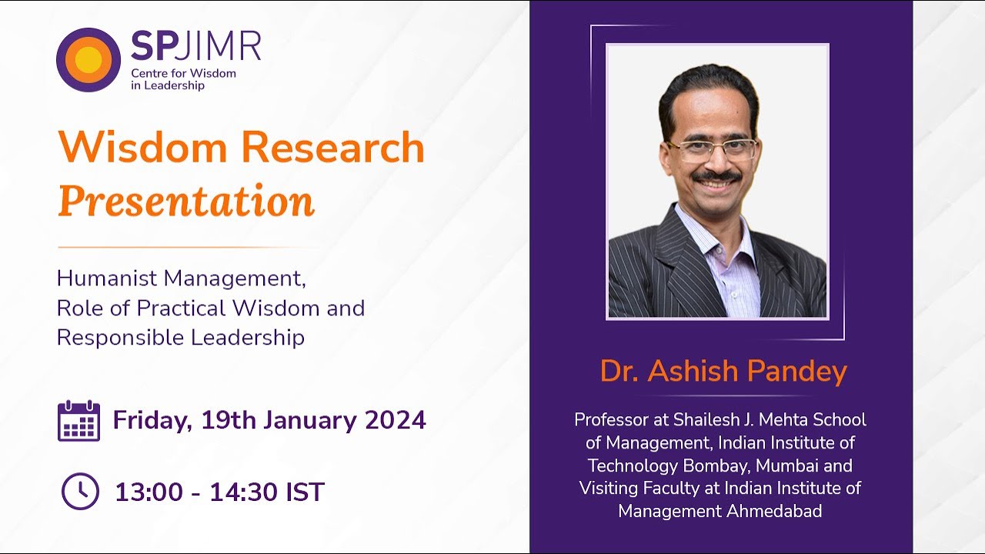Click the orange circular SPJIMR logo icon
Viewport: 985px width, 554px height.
click(x=88, y=59)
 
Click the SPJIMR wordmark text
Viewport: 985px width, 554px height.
click(x=195, y=47)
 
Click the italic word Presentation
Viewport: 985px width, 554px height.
click(x=186, y=201)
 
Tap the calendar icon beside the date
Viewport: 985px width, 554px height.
click(x=78, y=421)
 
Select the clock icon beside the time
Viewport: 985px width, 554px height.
click(x=80, y=491)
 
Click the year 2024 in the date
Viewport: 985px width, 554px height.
click(x=396, y=420)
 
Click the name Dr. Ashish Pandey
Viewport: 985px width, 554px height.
click(x=723, y=372)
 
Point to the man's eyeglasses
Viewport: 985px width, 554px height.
click(x=712, y=149)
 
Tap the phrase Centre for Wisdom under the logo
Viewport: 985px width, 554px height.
click(x=183, y=74)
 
